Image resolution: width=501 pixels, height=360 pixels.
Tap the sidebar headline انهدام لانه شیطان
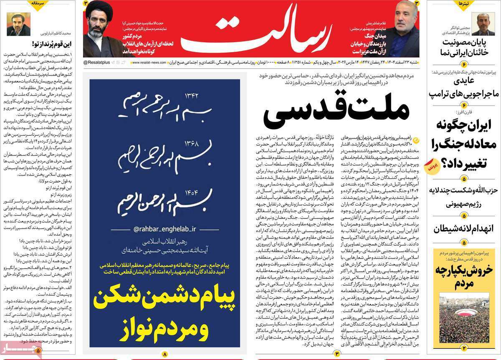pos(464,229)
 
